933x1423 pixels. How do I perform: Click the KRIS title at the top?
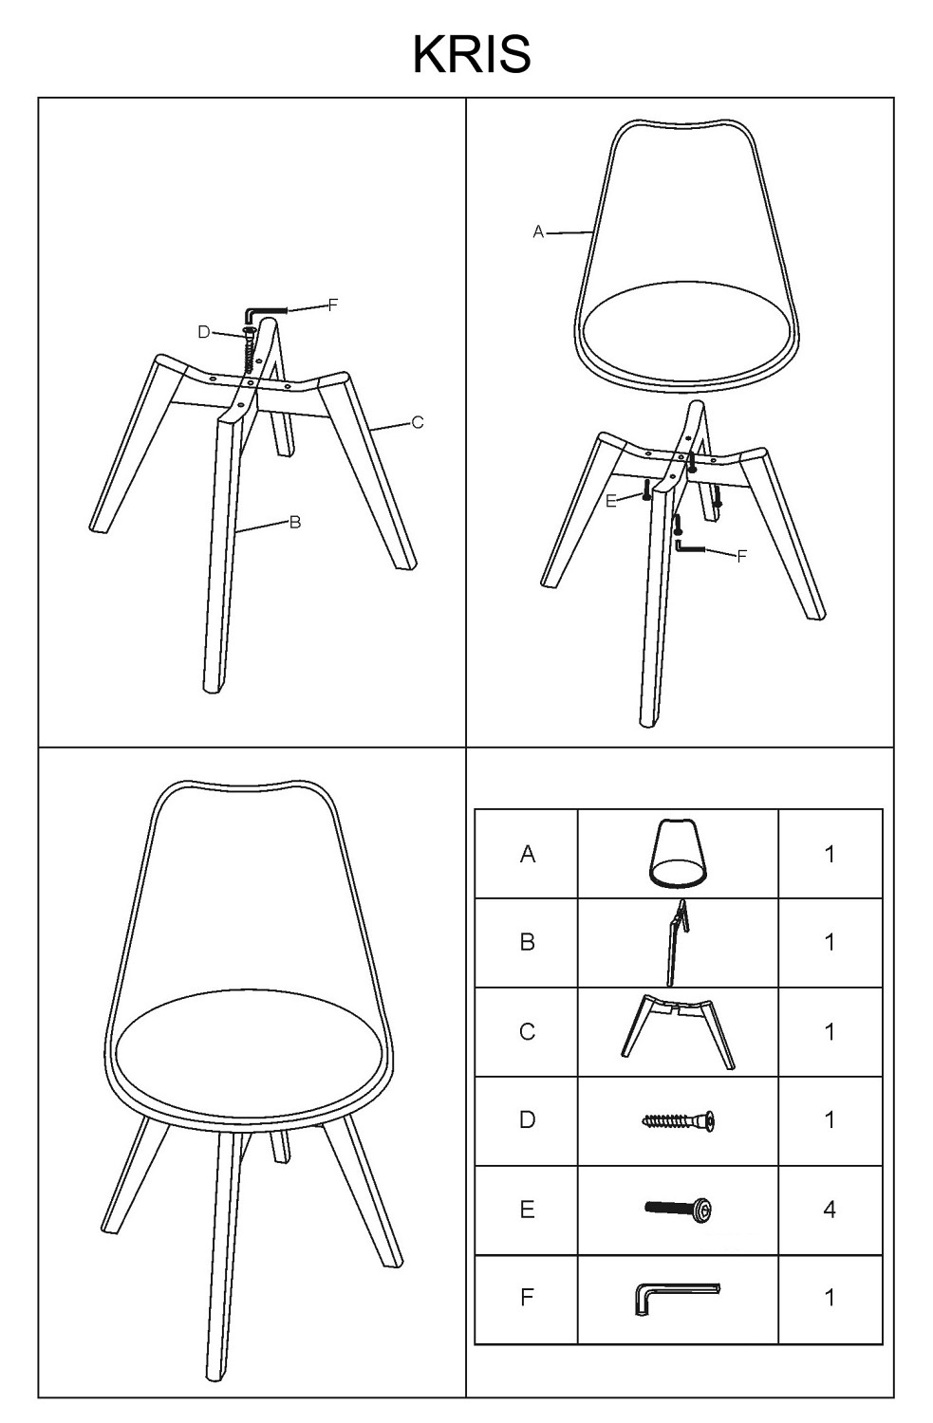coord(472,55)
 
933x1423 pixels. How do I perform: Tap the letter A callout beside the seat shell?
coord(538,232)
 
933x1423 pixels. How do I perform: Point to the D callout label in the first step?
coord(204,332)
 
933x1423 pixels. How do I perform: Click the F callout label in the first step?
coord(333,305)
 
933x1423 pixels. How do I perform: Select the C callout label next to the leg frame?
coord(418,422)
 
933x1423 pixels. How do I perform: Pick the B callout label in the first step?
coord(295,522)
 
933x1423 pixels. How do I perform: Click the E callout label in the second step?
coord(611,501)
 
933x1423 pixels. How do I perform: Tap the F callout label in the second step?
coord(741,557)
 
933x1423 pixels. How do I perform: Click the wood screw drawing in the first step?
coord(249,352)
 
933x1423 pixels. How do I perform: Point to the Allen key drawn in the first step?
coord(266,311)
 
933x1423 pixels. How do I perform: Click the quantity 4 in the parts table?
coord(830,1210)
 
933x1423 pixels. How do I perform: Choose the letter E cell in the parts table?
coord(527,1210)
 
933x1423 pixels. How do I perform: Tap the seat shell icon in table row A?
coord(678,853)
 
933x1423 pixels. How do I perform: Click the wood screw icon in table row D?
coord(678,1120)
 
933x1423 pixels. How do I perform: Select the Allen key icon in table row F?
coord(678,1298)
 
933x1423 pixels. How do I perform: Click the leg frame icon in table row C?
coord(678,1032)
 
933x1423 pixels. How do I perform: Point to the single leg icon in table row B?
coord(676,943)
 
